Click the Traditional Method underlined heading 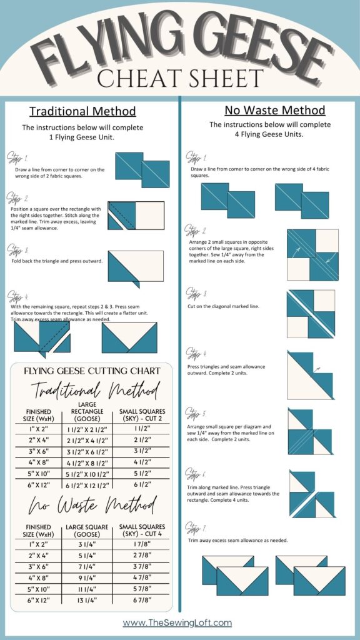click(x=82, y=112)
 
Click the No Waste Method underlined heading click(x=275, y=111)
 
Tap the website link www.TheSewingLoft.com click(x=177, y=622)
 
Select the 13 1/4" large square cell click(x=87, y=601)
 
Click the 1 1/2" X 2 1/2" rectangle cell click(x=87, y=431)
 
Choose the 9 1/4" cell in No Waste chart click(x=87, y=578)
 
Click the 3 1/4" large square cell click(x=87, y=544)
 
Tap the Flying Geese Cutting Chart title click(x=92, y=371)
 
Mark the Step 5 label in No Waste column click(x=196, y=413)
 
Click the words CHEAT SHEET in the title click(x=180, y=79)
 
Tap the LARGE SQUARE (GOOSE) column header click(x=87, y=531)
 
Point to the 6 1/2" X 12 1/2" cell click(x=87, y=485)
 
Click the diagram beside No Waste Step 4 click(x=311, y=375)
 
